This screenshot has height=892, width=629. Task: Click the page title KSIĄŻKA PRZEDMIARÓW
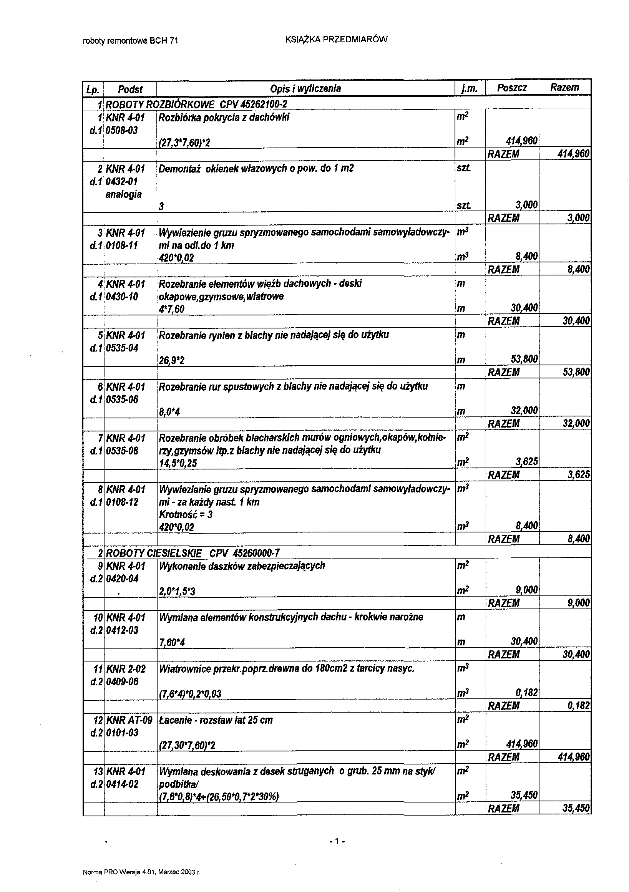(x=336, y=39)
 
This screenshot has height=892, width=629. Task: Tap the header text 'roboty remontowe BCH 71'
(x=131, y=40)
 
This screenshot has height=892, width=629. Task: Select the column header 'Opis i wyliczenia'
(x=305, y=89)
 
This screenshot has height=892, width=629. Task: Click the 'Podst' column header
(x=130, y=90)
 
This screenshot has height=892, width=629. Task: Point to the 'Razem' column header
(x=564, y=88)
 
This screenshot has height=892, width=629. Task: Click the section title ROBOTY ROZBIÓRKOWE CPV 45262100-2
(x=196, y=104)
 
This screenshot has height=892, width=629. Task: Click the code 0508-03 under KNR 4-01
(x=122, y=130)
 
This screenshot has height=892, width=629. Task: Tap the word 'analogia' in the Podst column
(x=124, y=194)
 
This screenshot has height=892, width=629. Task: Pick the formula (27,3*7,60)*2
(x=184, y=143)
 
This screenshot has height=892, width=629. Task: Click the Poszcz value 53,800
(x=524, y=359)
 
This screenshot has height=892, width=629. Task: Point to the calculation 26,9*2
(x=172, y=361)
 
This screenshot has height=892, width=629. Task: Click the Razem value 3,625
(x=579, y=475)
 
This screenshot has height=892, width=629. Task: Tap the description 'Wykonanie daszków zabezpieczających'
(x=242, y=566)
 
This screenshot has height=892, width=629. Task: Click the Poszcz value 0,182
(x=526, y=693)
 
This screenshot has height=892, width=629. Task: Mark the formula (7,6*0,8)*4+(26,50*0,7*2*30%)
(x=219, y=797)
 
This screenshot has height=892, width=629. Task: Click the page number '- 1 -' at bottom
(x=337, y=842)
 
